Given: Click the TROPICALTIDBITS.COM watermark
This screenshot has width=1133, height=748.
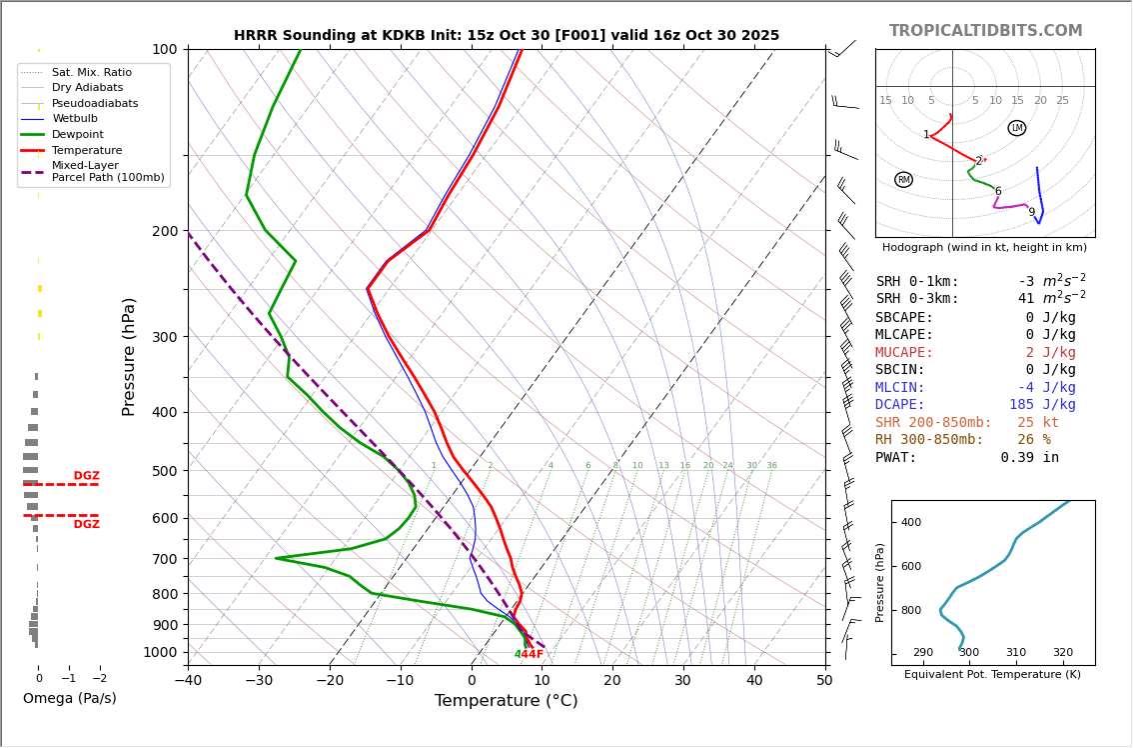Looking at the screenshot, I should coord(985,31).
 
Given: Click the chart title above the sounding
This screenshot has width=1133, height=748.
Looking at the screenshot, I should coord(507,35).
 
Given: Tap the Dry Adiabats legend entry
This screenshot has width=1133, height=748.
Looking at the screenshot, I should coord(88,88).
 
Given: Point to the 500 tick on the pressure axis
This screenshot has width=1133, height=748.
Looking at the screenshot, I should coord(164,471).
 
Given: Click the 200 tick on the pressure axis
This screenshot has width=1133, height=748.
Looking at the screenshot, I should coord(164,231).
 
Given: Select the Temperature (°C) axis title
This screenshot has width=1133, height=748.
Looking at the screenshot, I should coord(506,701).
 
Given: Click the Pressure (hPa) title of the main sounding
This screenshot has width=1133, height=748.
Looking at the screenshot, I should coord(130,356).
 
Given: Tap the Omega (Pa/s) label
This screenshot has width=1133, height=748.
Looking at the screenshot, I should coord(69,699).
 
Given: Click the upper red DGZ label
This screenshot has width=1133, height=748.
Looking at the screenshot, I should coord(87,476).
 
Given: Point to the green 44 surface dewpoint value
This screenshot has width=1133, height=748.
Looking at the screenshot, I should coord(521,655).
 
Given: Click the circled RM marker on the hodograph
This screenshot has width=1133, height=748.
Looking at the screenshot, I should coord(903,180).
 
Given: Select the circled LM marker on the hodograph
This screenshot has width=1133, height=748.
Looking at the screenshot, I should coord(1017,128).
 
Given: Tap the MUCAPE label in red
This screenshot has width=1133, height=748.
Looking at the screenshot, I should coord(904,353).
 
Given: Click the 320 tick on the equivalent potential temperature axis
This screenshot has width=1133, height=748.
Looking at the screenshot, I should coord(1062,653).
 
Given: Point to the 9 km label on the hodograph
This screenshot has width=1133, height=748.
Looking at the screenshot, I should coord(1031,212).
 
